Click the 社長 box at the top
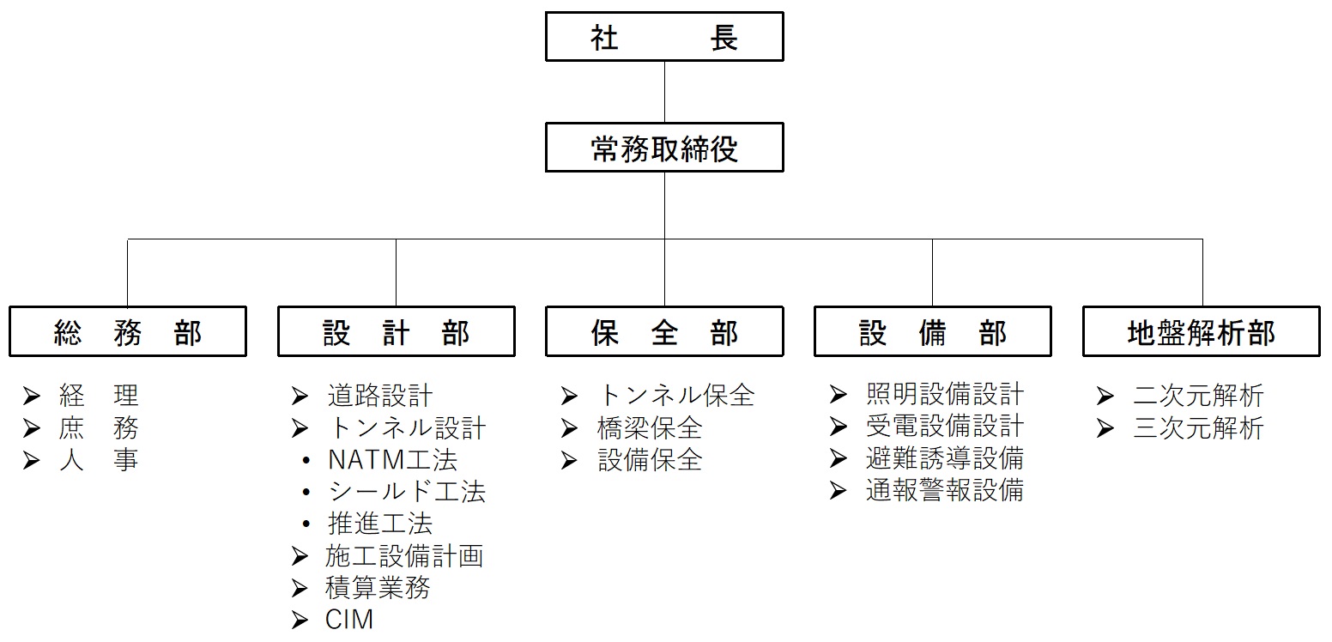tap(664, 36)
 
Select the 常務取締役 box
tap(664, 148)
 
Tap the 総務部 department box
tap(128, 331)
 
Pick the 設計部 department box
tap(396, 331)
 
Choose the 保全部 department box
tap(664, 331)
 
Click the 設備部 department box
tap(932, 331)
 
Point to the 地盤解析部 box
tap(1202, 331)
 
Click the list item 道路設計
tap(380, 396)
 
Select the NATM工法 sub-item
tap(392, 459)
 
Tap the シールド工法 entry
tap(407, 492)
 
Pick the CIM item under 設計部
tap(349, 620)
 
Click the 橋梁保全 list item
tap(650, 428)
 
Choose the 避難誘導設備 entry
tap(945, 457)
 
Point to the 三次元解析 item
tap(1198, 428)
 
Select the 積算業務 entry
tap(378, 587)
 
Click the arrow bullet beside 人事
tap(32, 460)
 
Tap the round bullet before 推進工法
tap(306, 524)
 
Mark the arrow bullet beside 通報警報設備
tap(838, 490)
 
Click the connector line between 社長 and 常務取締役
tap(664, 92)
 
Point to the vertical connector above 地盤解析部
tap(1202, 273)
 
